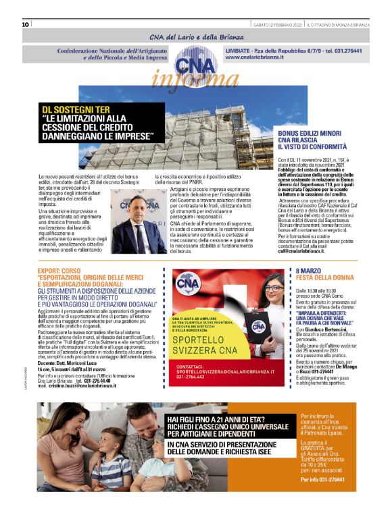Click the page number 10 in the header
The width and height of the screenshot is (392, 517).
25,24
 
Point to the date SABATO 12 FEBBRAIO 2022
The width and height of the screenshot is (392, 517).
276,24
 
